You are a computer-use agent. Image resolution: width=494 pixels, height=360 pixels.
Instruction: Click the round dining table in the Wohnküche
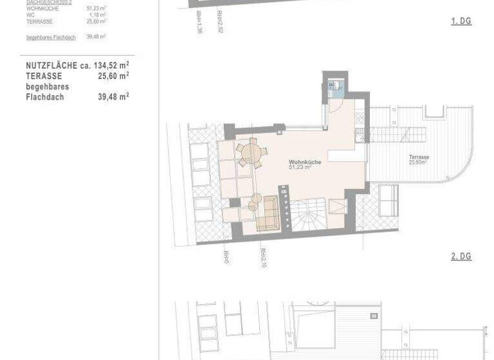pyautogui.click(x=250, y=154)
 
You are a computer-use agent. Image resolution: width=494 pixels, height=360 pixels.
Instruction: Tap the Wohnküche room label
pyautogui.click(x=304, y=162)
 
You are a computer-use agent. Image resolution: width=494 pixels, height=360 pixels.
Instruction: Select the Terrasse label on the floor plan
pyautogui.click(x=419, y=157)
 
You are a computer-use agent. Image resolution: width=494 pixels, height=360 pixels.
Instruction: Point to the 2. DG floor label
pyautogui.click(x=461, y=256)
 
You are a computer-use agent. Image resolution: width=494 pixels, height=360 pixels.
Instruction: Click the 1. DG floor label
pyautogui.click(x=461, y=21)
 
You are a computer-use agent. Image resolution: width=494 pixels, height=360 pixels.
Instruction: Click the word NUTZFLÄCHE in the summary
pyautogui.click(x=51, y=66)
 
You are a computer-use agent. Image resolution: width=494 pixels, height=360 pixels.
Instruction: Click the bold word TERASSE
pyautogui.click(x=44, y=76)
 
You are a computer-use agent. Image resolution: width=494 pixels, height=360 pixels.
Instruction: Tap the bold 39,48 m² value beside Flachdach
pyautogui.click(x=113, y=96)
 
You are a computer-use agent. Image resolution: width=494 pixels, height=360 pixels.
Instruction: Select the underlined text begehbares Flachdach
pyautogui.click(x=51, y=37)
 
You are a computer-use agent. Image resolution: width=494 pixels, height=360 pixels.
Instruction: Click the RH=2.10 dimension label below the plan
pyautogui.click(x=263, y=258)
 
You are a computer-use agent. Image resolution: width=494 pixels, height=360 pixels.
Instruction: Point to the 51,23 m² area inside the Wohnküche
pyautogui.click(x=300, y=168)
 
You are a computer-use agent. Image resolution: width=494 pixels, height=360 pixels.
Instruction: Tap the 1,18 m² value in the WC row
pyautogui.click(x=97, y=15)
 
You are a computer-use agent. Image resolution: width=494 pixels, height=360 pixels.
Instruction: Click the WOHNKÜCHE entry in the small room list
pyautogui.click(x=42, y=8)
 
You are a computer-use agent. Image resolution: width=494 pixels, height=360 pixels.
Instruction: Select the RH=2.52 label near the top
pyautogui.click(x=220, y=21)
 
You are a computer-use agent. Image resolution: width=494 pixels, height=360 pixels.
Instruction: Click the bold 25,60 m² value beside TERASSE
pyautogui.click(x=113, y=76)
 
